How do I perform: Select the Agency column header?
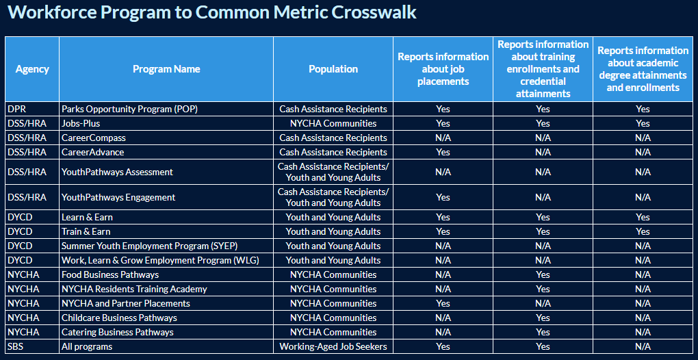[x=32, y=69]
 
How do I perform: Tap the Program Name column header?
[x=166, y=69]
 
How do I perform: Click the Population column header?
[x=333, y=69]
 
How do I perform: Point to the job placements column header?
[x=443, y=69]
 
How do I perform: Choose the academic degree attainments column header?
[x=643, y=69]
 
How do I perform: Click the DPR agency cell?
[x=16, y=109]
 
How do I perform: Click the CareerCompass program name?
[x=94, y=138]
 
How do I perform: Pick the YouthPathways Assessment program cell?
[x=117, y=172]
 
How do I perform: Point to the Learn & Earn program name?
[x=87, y=217]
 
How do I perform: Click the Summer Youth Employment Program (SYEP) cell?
[x=144, y=246]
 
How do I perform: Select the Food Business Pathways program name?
[x=110, y=274]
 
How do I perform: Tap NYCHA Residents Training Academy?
[x=134, y=289]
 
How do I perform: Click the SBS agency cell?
[x=16, y=346]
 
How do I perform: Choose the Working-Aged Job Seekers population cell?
[x=333, y=346]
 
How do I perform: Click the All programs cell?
[x=88, y=346]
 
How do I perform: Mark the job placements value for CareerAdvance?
[x=443, y=152]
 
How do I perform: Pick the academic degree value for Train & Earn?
[x=643, y=231]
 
